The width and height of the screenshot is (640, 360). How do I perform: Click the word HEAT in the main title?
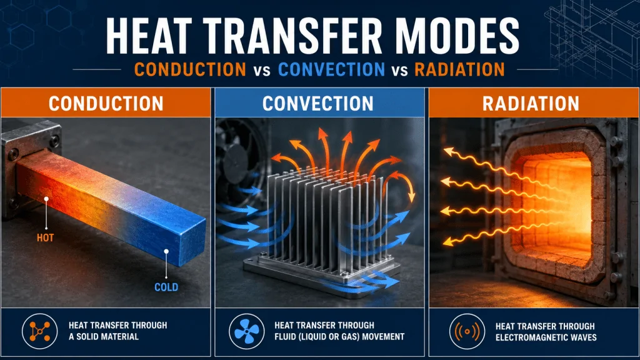pos(149,36)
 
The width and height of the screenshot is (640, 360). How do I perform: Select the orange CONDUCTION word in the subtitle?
pos(190,69)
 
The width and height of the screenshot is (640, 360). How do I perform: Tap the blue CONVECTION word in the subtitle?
pos(331,69)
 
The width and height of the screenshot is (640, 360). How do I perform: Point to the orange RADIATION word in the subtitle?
pos(459,69)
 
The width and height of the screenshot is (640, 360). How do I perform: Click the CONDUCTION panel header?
pos(106,103)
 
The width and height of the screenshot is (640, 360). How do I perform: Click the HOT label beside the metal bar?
pos(45,237)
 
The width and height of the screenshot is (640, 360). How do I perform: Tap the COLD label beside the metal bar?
pos(166,287)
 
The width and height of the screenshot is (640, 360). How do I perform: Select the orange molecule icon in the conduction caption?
pos(39,331)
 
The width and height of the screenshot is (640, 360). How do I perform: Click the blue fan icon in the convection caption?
pos(246,331)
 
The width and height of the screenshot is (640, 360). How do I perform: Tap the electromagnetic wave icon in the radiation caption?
pos(467,331)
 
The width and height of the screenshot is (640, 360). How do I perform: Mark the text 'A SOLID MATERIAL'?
pos(104,337)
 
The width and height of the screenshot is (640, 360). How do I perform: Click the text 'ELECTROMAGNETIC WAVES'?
pos(546,337)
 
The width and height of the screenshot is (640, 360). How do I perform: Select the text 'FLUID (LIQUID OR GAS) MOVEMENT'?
pos(339,337)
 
